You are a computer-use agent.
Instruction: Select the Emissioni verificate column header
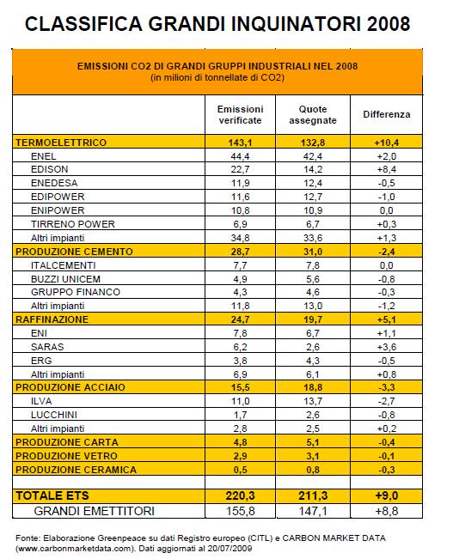coord(240,115)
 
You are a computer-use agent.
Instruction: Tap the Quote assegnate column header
coord(313,115)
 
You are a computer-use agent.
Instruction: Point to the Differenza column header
coord(387,114)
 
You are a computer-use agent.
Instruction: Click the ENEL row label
coord(44,156)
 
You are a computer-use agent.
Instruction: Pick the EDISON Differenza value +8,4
coord(387,169)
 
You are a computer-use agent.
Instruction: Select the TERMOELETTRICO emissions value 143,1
coord(240,143)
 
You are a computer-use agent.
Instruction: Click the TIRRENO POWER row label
coord(73,224)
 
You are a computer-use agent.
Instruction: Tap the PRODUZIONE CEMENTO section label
coord(74,252)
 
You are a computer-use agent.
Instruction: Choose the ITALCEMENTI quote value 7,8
coord(313,265)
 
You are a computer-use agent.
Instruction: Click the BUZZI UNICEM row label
coord(65,279)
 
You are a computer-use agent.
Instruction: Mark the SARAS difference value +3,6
coord(387,347)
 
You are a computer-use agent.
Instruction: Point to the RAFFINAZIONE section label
coord(52,319)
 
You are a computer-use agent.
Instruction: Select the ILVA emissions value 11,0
coord(240,401)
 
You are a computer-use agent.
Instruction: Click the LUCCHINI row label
coord(54,415)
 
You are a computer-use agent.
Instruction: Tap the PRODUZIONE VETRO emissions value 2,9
coord(240,456)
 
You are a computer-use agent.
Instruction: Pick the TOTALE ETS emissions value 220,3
coord(240,495)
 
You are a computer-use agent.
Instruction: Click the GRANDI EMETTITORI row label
coord(95,511)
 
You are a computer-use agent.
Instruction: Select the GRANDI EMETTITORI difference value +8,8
coord(387,511)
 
